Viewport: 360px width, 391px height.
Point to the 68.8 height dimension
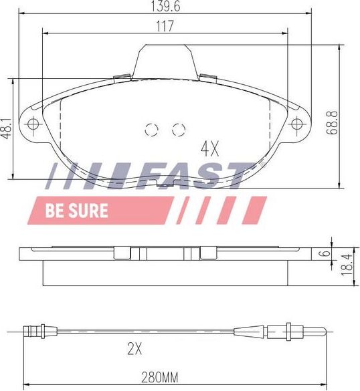tap(332, 122)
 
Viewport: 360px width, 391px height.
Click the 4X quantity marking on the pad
tap(211, 146)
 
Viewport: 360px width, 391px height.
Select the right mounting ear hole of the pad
tap(297, 123)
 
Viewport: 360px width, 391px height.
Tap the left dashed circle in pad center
tap(151, 130)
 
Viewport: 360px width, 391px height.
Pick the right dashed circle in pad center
tap(178, 130)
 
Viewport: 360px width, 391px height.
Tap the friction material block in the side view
tap(166, 273)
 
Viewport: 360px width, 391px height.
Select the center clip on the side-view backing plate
tap(166, 253)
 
